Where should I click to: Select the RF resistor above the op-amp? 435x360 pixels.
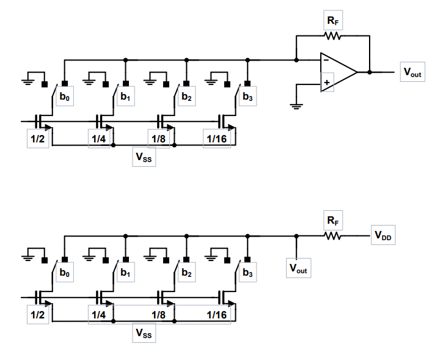coord(332,36)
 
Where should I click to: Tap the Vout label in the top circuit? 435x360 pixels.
coord(412,72)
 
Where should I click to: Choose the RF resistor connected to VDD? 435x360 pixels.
coord(332,236)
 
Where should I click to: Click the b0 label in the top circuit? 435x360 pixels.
coord(64,97)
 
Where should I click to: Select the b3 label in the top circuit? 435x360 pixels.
coord(247,97)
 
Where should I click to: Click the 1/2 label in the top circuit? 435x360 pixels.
coord(37,139)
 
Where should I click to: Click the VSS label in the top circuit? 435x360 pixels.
coord(144,158)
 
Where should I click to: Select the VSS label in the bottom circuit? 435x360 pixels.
coord(144,334)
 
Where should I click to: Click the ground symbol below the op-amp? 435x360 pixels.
coord(296,105)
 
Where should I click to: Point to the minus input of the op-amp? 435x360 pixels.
coord(327,61)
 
